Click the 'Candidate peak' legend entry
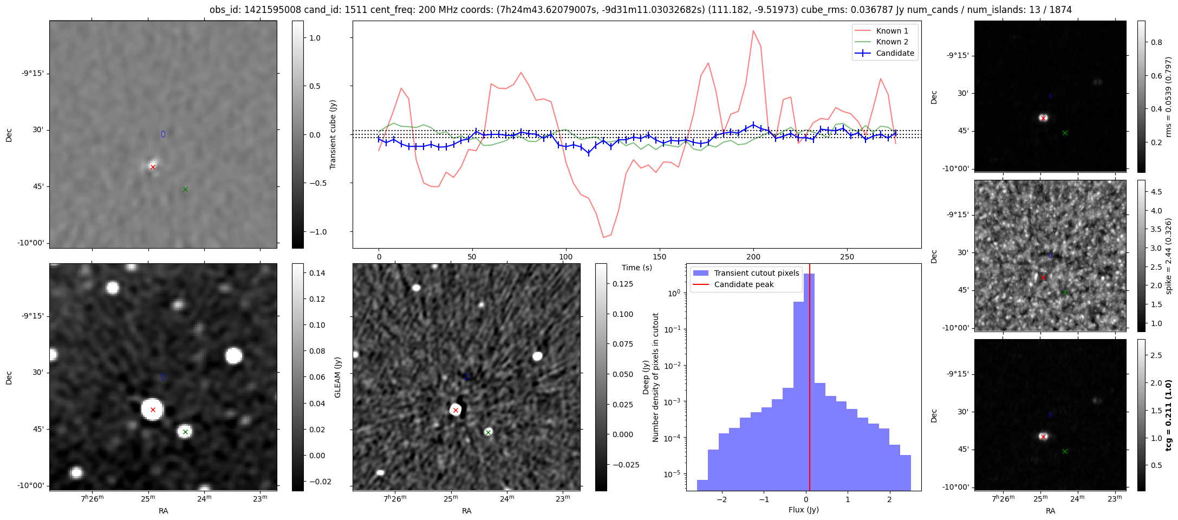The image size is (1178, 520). tap(744, 284)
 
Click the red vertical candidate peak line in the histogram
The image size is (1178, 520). tap(810, 379)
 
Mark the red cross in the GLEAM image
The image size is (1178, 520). tap(153, 410)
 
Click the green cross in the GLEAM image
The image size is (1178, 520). tap(185, 432)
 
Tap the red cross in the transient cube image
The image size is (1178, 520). tap(153, 167)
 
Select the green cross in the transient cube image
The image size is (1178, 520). tap(185, 189)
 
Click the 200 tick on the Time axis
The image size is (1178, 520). tap(753, 257)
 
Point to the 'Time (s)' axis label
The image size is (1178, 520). tap(636, 268)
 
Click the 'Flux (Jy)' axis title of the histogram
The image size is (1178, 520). tap(803, 510)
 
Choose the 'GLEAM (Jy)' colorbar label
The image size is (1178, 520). tap(337, 377)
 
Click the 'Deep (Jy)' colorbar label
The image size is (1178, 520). tap(646, 377)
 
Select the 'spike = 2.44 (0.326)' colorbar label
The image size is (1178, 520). tap(1168, 256)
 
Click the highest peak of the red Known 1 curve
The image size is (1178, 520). tap(753, 31)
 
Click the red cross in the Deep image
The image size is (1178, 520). tap(455, 410)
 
